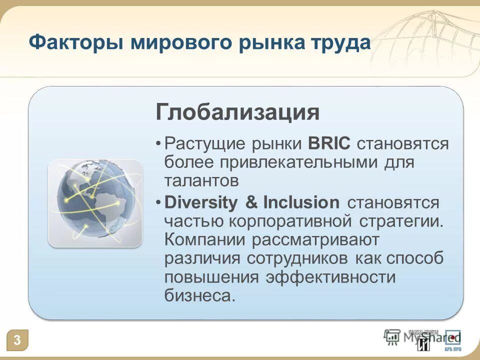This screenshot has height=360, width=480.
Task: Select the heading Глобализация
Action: pyautogui.click(x=237, y=112)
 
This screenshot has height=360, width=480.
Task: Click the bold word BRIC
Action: pyautogui.click(x=330, y=144)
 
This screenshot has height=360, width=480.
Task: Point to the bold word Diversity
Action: pyautogui.click(x=202, y=202)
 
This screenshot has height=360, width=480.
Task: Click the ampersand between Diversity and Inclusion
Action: pyautogui.click(x=251, y=202)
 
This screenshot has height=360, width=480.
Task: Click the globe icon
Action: pyautogui.click(x=95, y=202)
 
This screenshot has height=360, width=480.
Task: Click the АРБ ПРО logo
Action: pyautogui.click(x=453, y=339)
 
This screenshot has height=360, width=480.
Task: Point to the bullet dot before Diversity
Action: pyautogui.click(x=158, y=202)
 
